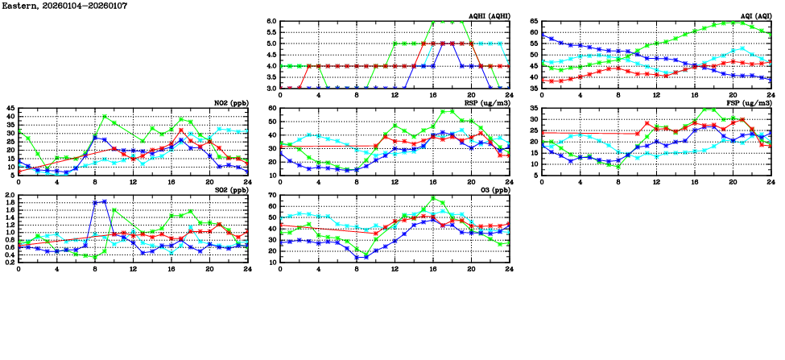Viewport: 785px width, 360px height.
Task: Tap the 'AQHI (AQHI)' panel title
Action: tap(485, 16)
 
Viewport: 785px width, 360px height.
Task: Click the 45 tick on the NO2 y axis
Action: tap(10, 108)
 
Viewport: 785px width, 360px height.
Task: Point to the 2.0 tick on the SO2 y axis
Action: tap(10, 195)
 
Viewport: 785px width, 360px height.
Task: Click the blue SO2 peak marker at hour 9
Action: tap(105, 201)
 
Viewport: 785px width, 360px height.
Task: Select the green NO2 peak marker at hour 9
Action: tap(105, 116)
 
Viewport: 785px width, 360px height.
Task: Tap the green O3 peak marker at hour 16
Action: tap(433, 197)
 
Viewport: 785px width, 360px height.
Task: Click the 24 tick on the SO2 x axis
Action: tap(247, 269)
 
